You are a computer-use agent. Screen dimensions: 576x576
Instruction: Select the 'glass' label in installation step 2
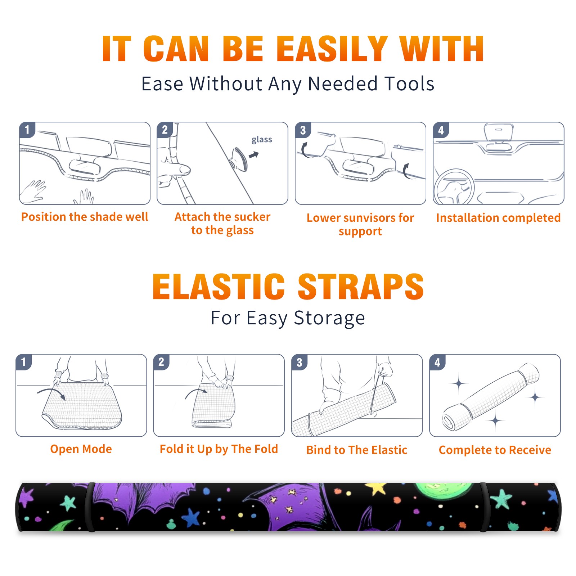pyautogui.click(x=262, y=140)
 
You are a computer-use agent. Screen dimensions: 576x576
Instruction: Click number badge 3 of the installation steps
pyautogui.click(x=302, y=130)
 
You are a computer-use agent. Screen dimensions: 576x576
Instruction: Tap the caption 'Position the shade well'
pyautogui.click(x=85, y=217)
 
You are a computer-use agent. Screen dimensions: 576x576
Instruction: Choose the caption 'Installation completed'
pyautogui.click(x=498, y=218)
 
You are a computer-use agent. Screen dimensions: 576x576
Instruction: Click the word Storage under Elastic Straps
pyautogui.click(x=329, y=318)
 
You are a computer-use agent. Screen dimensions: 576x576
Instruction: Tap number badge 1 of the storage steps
pyautogui.click(x=24, y=362)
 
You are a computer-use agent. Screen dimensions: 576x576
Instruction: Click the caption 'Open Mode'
pyautogui.click(x=81, y=449)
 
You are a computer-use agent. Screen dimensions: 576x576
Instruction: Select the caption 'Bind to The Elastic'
pyautogui.click(x=357, y=450)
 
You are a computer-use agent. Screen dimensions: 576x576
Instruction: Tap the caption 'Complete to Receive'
pyautogui.click(x=495, y=450)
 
